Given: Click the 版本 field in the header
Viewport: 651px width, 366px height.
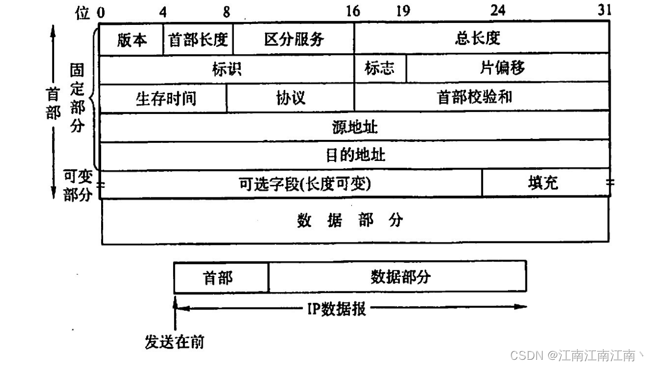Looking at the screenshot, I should tap(131, 40).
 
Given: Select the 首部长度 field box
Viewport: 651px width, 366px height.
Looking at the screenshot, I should tap(198, 40).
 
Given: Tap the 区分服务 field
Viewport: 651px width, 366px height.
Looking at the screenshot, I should tap(294, 40).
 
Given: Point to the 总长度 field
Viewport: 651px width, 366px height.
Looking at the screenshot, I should tap(481, 39).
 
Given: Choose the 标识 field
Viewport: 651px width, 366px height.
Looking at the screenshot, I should tap(227, 69).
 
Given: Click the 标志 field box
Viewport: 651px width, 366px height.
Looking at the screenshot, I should tap(380, 69).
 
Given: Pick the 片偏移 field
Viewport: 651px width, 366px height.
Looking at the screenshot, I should tap(507, 68).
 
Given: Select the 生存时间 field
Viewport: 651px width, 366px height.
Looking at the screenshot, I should tap(163, 98).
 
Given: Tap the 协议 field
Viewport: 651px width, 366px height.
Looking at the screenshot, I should tap(291, 98).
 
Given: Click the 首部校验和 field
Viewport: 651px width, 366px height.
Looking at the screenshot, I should tap(481, 97).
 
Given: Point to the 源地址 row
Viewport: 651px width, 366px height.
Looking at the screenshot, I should tap(355, 127).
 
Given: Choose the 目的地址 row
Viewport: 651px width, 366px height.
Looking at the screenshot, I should tap(355, 155).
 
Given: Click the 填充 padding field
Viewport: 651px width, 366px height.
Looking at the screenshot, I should tap(545, 183).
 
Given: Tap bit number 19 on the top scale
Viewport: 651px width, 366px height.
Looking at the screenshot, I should tap(403, 11).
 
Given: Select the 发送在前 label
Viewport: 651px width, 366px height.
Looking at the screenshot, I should tap(174, 342).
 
